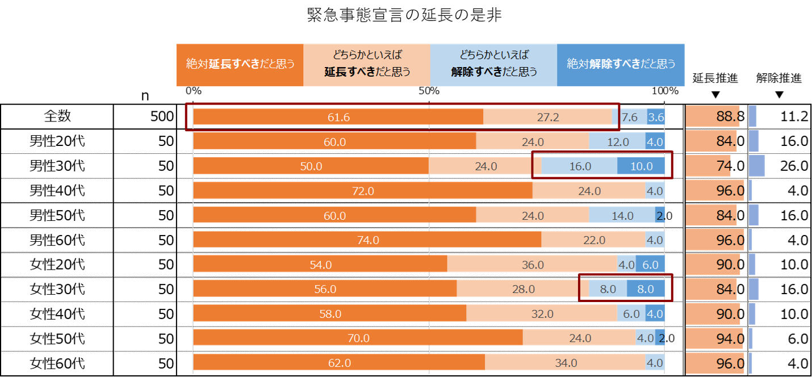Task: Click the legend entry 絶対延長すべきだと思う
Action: tap(240, 65)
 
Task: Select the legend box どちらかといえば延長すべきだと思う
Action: tap(367, 65)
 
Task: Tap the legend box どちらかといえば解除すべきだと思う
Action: tap(493, 65)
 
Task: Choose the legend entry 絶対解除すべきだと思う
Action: tap(621, 65)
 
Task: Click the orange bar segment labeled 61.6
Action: tap(338, 118)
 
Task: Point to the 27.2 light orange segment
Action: tap(548, 118)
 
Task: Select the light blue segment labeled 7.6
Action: tap(630, 118)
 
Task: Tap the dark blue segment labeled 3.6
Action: tap(656, 118)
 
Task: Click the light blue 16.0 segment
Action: tap(579, 166)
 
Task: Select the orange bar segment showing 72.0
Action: tap(363, 191)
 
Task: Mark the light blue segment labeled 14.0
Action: tap(622, 216)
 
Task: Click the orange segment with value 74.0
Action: tap(367, 240)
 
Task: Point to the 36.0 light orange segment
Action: tap(532, 265)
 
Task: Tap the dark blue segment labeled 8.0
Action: tap(646, 289)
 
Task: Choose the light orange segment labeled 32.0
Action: tap(542, 313)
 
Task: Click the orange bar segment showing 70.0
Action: tap(358, 338)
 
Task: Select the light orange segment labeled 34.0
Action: tap(565, 363)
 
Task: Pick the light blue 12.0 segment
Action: tap(617, 142)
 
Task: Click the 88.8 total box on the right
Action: tap(713, 117)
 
